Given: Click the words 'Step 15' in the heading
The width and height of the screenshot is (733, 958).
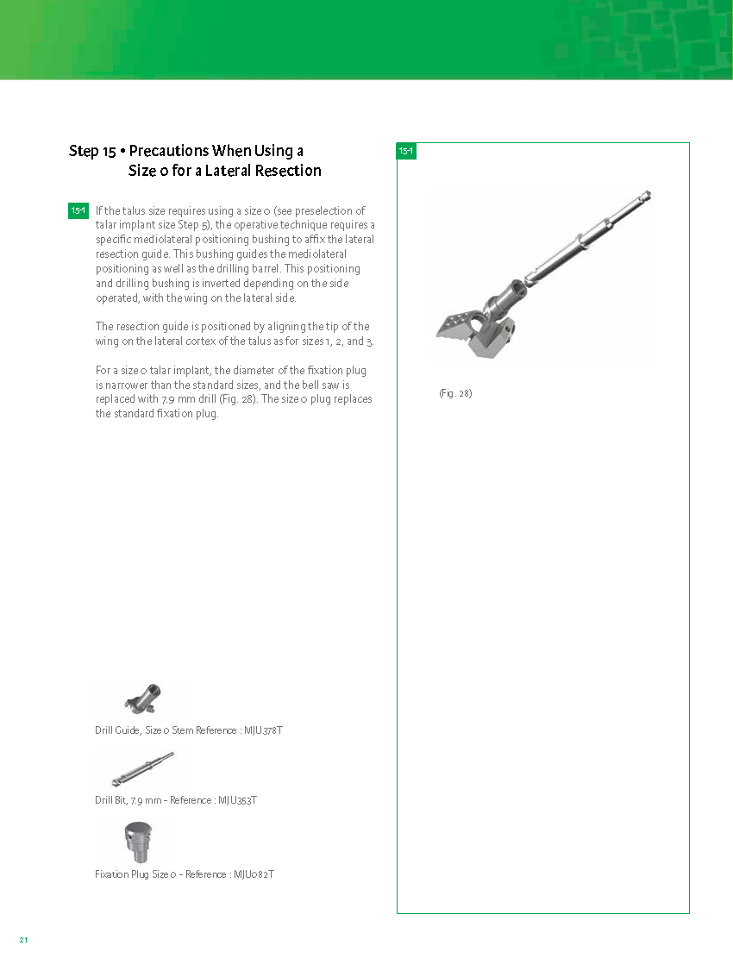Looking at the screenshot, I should coord(92,152).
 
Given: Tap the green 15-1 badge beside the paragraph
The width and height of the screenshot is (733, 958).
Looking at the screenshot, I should coord(78,210).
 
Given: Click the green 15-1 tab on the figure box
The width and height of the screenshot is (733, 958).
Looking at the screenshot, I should coord(406,152).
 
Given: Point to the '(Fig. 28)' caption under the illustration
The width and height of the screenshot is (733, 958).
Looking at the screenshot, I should coord(455,394).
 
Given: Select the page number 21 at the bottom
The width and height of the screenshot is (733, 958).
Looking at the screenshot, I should coord(24,939).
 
